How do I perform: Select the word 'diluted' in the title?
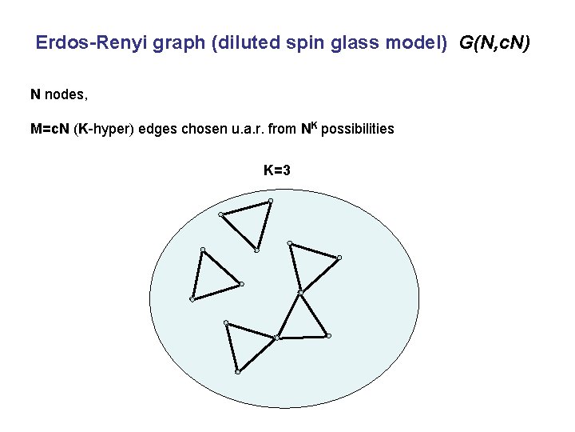244,42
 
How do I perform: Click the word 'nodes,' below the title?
66,94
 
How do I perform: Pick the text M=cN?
50,129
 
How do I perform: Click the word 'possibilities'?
358,129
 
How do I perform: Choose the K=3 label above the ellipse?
277,170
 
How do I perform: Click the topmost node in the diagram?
271,200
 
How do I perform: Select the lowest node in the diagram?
238,372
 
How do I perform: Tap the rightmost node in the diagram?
339,258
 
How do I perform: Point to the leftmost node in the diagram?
192,299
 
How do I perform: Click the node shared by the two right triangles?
299,292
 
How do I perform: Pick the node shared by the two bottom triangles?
276,338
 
